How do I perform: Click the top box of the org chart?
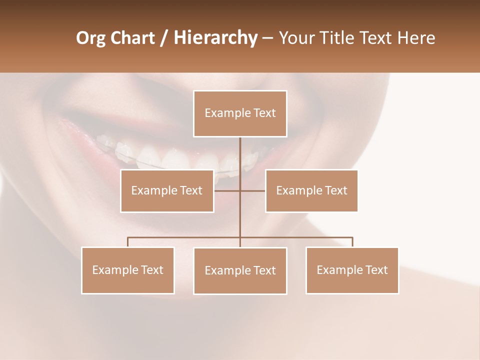(240, 113)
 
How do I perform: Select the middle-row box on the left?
(167, 190)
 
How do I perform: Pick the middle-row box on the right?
(311, 190)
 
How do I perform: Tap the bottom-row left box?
(128, 270)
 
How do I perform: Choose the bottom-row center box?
(240, 270)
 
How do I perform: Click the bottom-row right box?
(352, 270)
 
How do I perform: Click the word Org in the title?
(91, 38)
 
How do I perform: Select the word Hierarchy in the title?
(215, 38)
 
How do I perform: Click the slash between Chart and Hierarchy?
(164, 38)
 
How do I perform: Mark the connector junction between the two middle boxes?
(240, 190)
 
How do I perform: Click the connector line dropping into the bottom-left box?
(128, 242)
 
